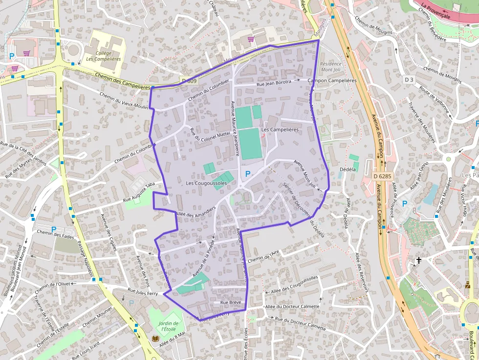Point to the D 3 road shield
409,79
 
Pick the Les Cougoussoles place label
206,183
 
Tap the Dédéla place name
348,169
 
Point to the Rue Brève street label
231,303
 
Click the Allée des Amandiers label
195,213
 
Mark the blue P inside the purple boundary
248,173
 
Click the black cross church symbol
418,261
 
